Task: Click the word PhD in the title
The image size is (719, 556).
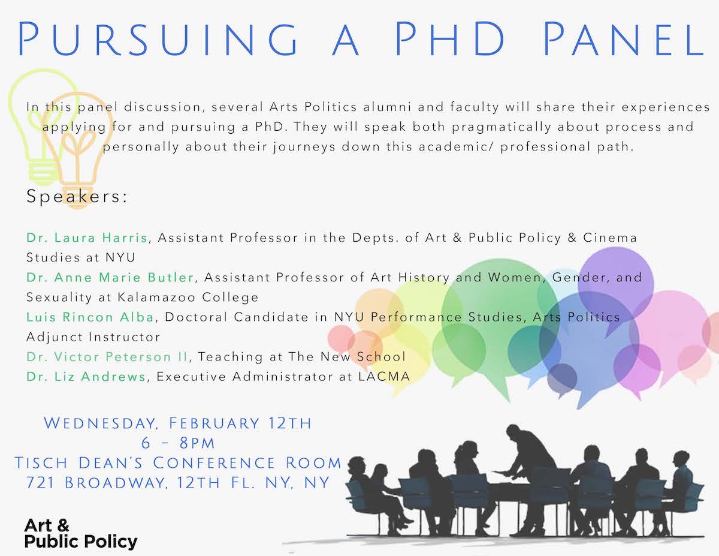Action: tap(449, 39)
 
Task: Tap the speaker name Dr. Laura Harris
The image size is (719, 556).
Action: tap(87, 238)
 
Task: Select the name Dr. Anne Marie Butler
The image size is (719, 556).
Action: tap(110, 277)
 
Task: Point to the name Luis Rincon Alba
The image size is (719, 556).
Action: tap(90, 317)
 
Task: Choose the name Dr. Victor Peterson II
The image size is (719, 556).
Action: tap(107, 357)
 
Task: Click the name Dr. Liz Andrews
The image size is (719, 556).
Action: tap(86, 377)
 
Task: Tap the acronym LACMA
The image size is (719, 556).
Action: tap(384, 377)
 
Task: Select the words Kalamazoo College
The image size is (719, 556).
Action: tap(188, 297)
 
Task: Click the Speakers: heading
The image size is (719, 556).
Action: tap(77, 196)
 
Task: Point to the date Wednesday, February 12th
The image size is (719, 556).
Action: tap(178, 423)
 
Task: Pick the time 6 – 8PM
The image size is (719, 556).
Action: tap(178, 443)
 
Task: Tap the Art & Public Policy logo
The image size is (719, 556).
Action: tap(80, 534)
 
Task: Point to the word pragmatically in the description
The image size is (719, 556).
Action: tap(502, 127)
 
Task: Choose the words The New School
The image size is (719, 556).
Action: tap(347, 357)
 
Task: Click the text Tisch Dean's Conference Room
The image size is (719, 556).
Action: tap(178, 463)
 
